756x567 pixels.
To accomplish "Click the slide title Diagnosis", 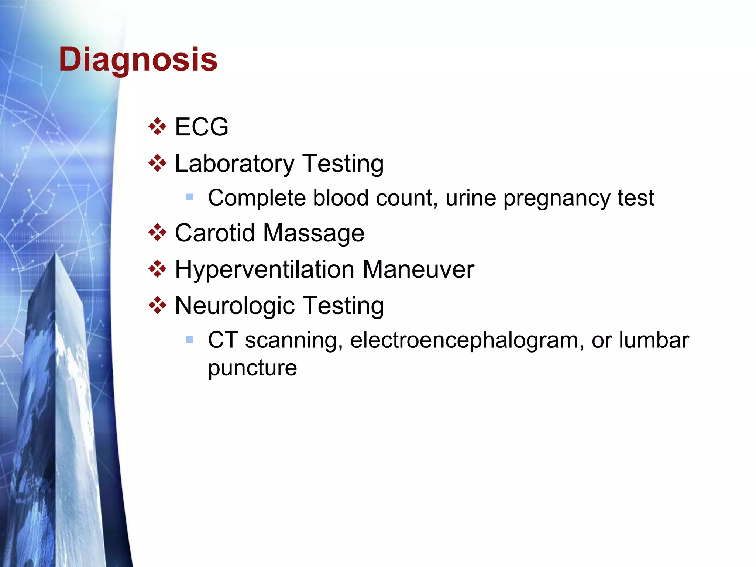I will pos(138,60).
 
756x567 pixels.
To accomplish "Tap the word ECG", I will pos(202,127).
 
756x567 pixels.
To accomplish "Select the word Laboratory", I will pos(234,164).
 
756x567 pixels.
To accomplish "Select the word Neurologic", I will pos(235,306).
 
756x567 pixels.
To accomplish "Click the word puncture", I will pos(252,368).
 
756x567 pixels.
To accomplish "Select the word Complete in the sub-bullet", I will pos(257,198).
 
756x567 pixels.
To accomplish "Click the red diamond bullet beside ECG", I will pos(157,127).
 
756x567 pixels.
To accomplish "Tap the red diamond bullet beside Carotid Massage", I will pos(157,233).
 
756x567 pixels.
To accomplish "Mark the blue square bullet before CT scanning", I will pos(189,339).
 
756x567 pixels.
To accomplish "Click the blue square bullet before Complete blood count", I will pos(189,197).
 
